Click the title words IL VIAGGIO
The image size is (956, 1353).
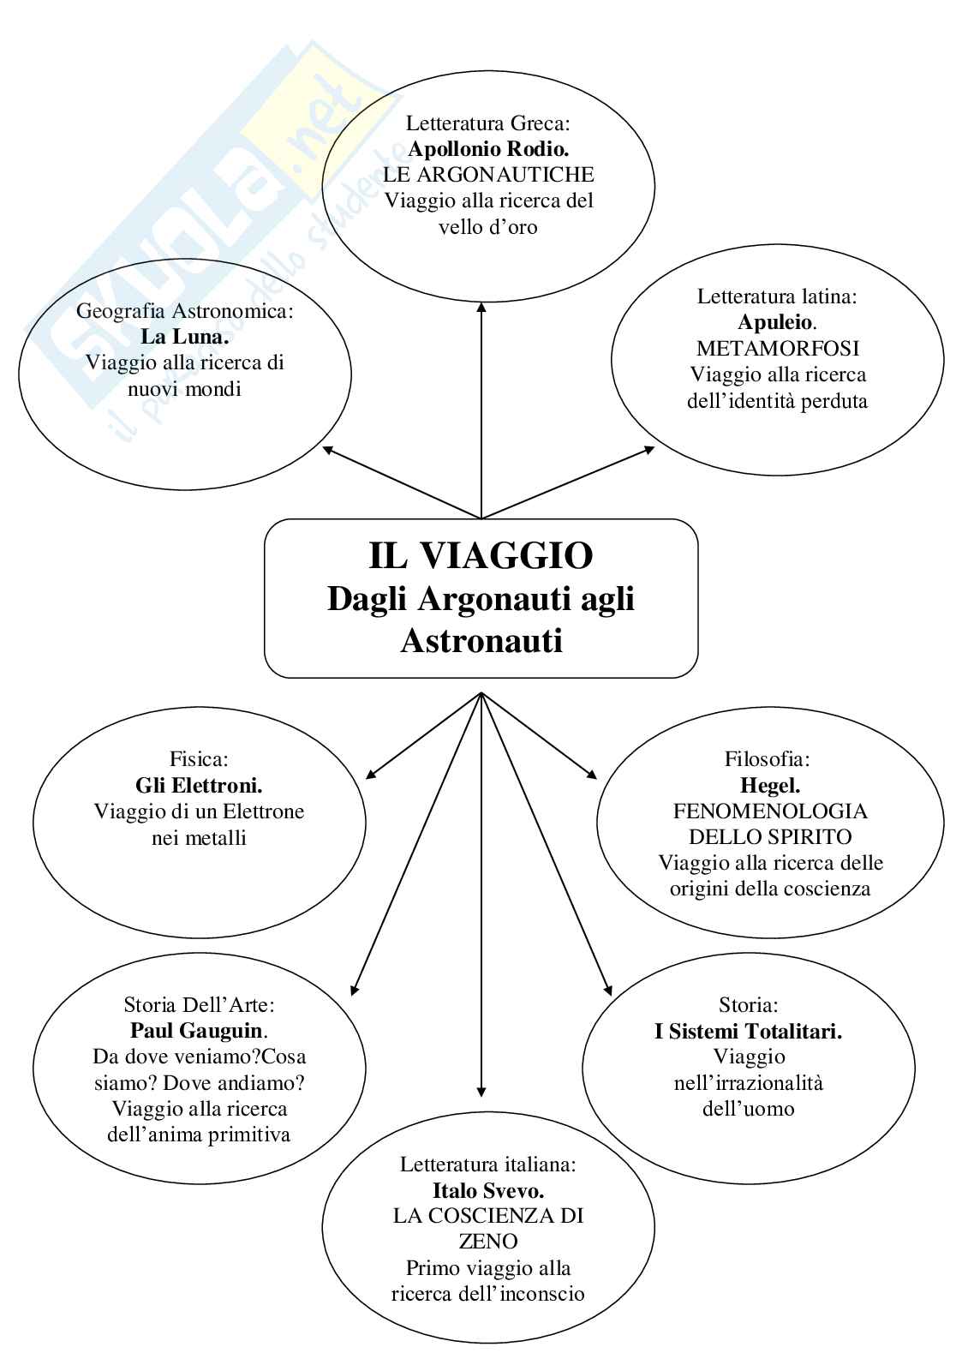(481, 555)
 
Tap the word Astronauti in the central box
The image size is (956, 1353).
(481, 640)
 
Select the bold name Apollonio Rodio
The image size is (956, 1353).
(488, 149)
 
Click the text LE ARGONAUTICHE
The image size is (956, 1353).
(488, 175)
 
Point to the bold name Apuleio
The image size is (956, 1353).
(776, 323)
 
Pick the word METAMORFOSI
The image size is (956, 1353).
(778, 349)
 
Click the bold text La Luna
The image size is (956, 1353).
(185, 337)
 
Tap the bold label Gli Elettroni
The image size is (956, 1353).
(199, 785)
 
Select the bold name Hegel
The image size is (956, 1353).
(769, 785)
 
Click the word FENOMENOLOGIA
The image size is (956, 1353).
(770, 811)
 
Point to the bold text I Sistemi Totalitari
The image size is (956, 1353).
(748, 1032)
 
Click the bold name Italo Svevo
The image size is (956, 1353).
(488, 1190)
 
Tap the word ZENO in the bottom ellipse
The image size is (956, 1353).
(488, 1242)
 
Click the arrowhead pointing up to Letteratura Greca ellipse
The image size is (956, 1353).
(481, 307)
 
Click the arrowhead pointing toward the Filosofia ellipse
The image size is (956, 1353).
(593, 774)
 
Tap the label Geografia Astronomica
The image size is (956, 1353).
(185, 311)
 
